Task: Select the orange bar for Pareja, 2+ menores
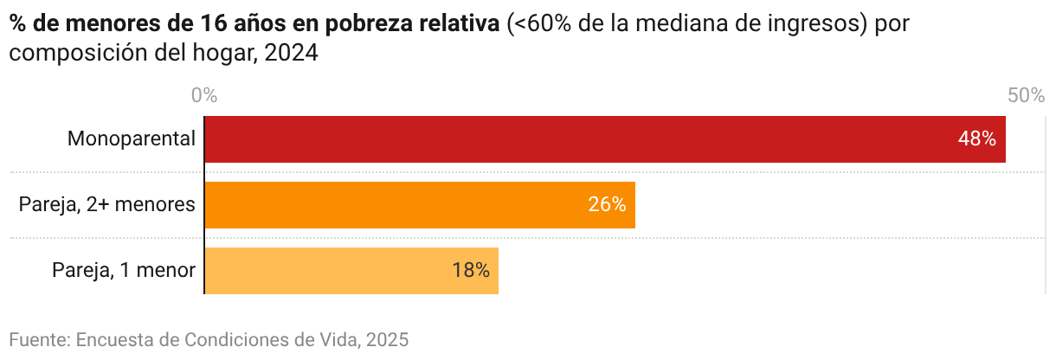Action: [420, 205]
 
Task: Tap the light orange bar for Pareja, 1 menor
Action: [351, 271]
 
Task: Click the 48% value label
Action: [976, 139]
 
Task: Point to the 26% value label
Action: [606, 205]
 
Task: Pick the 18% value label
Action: [470, 271]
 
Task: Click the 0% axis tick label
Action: [203, 95]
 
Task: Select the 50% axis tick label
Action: [1027, 95]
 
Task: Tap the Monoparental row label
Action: [132, 139]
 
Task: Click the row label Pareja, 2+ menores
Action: [106, 205]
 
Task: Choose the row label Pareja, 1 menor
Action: [124, 271]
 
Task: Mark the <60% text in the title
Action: [538, 25]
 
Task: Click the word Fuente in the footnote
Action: [38, 338]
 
